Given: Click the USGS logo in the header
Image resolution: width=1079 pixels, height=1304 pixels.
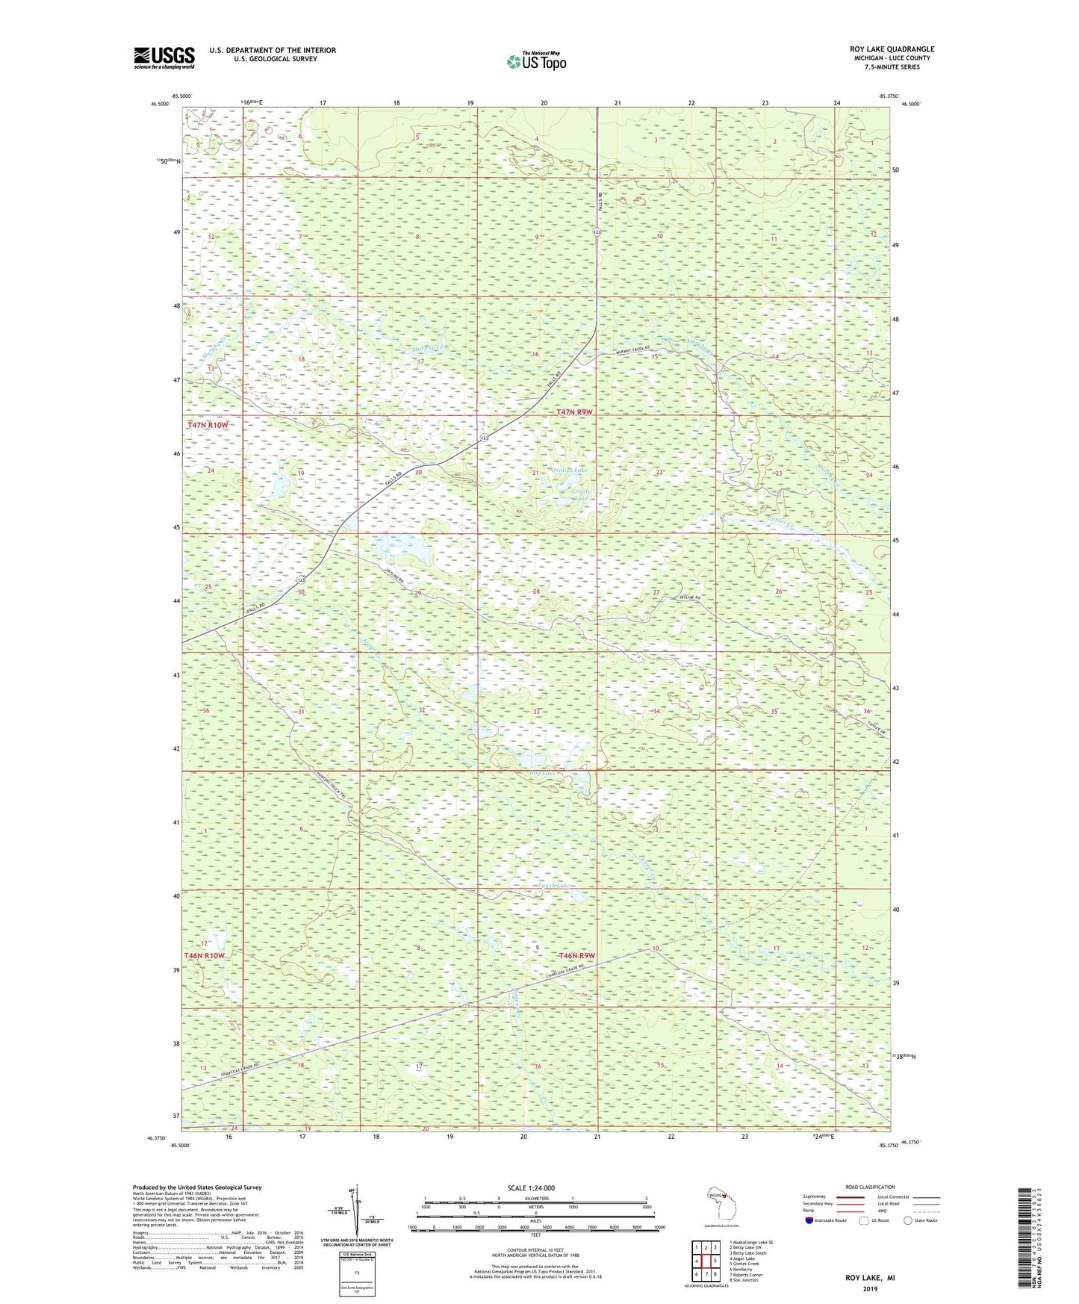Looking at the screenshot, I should [x=164, y=58].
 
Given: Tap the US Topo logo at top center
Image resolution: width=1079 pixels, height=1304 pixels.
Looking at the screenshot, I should [x=536, y=61].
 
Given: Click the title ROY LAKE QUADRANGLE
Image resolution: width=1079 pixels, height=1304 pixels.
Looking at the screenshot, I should [x=892, y=49].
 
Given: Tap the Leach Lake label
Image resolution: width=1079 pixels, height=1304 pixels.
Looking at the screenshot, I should [x=555, y=886].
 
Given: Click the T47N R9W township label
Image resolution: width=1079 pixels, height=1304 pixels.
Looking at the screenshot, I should [x=574, y=412].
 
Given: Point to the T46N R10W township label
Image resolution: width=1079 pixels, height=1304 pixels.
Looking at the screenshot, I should [x=205, y=956].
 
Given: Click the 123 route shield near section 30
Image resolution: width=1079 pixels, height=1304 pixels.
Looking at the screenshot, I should [x=299, y=580].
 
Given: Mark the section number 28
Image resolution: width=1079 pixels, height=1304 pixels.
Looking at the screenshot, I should [x=535, y=592].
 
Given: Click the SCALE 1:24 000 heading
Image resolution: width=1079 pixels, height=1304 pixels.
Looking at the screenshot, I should [x=531, y=1188].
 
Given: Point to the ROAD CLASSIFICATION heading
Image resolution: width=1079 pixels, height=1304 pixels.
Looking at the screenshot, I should [x=869, y=1187].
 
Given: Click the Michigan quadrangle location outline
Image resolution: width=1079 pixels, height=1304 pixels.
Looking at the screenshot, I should [x=721, y=1205].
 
